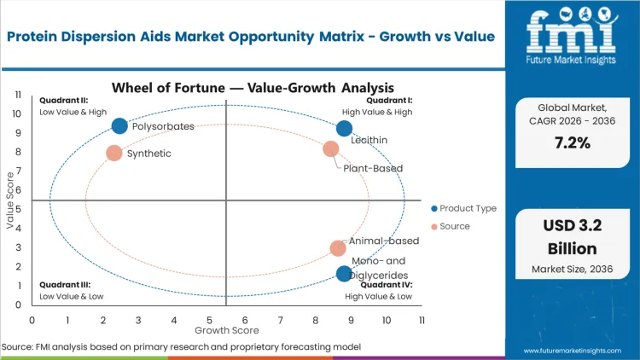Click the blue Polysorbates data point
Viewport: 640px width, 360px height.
click(119, 126)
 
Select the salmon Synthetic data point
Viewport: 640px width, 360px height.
click(113, 154)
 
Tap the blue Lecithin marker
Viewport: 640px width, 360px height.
click(344, 129)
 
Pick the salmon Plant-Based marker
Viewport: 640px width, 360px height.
click(331, 149)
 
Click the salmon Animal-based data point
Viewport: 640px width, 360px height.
click(338, 248)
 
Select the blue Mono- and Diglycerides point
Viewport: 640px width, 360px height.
click(344, 274)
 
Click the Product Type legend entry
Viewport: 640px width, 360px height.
click(464, 208)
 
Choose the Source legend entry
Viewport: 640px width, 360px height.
click(453, 226)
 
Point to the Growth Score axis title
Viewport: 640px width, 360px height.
click(226, 329)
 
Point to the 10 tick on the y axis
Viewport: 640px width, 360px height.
click(16, 113)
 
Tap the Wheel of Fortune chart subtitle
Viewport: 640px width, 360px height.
click(253, 87)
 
